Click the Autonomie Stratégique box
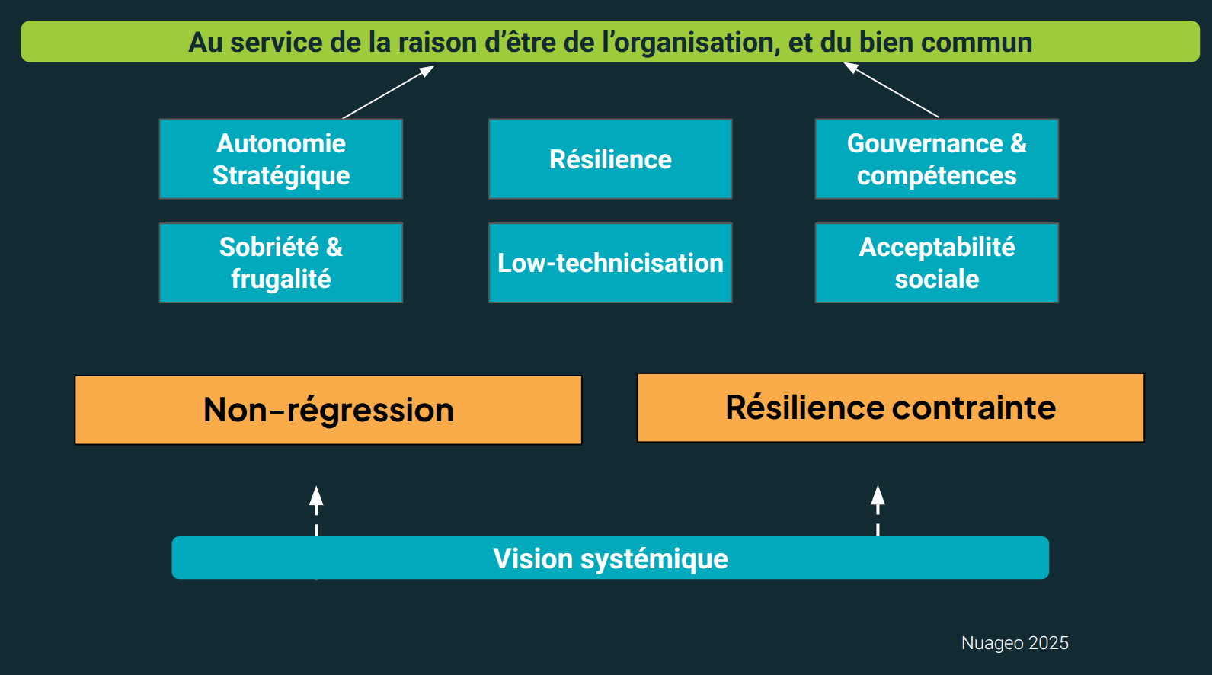[281, 158]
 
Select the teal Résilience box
[610, 158]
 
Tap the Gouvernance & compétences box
[936, 158]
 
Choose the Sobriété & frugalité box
[281, 263]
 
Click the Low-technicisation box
[610, 263]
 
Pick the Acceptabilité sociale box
[936, 263]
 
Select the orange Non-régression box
[328, 410]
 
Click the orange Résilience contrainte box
[891, 408]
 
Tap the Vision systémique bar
[610, 558]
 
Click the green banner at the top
[610, 42]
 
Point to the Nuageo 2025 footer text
[1015, 643]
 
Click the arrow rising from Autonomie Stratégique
[389, 92]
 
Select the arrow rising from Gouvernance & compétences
[891, 90]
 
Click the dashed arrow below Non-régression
[316, 509]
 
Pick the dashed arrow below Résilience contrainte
[878, 509]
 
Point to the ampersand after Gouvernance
[1019, 143]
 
